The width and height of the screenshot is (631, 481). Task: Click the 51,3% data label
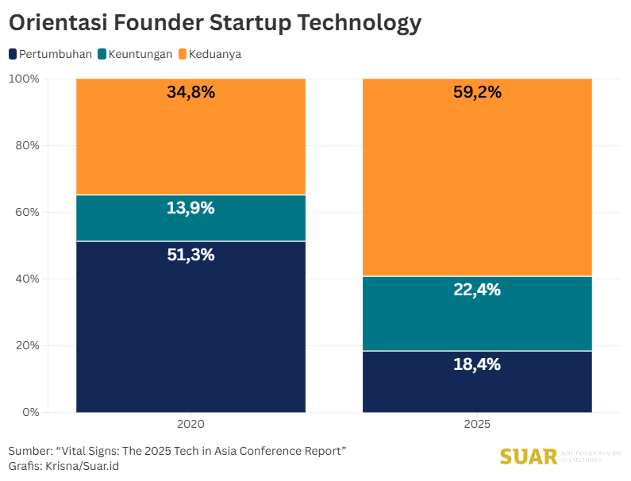coord(190,255)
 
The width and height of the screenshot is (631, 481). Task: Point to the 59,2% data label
coord(477,92)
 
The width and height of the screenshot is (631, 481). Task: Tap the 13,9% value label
coord(190,208)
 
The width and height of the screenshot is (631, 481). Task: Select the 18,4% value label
coord(477,364)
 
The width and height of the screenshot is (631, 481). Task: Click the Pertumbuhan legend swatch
coord(13,54)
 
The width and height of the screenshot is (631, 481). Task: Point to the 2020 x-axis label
coord(190,424)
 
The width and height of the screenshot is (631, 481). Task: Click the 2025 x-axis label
coord(477,424)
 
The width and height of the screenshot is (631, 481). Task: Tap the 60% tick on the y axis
coord(27,212)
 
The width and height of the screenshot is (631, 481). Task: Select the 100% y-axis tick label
coord(24,79)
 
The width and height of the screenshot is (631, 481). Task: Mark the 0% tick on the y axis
coord(30,412)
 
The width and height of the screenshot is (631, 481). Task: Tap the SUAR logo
coord(529,457)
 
